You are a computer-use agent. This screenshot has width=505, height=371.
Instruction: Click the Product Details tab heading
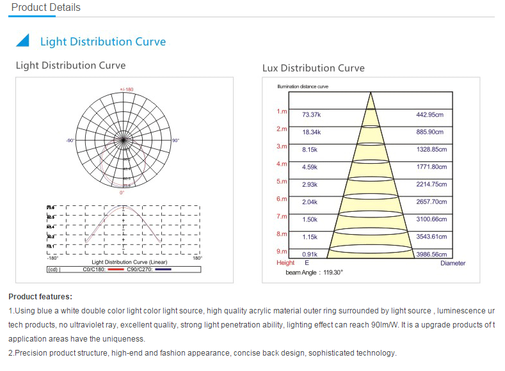46,8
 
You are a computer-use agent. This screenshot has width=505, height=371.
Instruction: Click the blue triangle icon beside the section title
22,41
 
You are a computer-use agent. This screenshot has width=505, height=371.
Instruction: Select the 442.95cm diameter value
429,114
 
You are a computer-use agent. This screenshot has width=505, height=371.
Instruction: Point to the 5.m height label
282,182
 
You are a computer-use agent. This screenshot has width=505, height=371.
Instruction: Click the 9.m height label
282,251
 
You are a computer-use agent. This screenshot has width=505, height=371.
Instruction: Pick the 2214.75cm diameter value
431,184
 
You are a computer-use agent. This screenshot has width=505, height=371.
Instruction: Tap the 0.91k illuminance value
310,255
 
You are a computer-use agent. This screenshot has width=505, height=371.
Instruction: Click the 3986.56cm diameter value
431,255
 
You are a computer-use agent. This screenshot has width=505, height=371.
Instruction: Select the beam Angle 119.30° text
314,272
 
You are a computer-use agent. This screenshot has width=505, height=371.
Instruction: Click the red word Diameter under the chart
453,263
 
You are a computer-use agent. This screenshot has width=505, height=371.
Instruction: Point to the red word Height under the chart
285,263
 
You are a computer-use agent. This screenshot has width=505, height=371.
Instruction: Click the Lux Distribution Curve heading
313,68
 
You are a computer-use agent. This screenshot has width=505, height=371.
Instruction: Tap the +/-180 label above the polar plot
126,89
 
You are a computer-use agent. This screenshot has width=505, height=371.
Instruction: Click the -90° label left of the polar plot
70,140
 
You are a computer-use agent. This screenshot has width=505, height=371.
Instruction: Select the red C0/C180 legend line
115,270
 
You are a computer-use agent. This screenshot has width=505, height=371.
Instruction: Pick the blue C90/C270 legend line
163,270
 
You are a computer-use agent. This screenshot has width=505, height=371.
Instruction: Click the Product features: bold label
40,297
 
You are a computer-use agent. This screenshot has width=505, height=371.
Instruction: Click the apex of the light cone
370,94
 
